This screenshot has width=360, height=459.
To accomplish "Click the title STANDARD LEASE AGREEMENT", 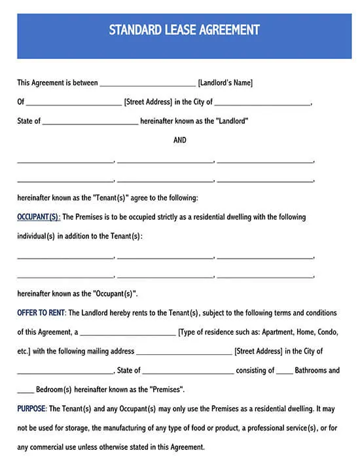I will point(184,30).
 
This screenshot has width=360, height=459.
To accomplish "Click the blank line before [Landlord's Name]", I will point(147,84).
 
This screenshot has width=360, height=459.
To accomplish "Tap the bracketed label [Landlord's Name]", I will point(225,83).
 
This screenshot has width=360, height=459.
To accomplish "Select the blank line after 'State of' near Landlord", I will point(90,122).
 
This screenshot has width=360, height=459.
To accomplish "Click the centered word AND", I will point(180,140).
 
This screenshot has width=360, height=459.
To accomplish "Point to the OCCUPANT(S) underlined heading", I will point(39,217).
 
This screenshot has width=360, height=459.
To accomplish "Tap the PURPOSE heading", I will point(31,409).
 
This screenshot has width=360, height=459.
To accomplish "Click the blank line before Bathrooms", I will point(284,372).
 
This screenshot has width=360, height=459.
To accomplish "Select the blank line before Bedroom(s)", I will point(26,391).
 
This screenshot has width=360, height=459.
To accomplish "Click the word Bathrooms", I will point(317,370).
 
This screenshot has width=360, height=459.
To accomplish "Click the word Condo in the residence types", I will point(327,332).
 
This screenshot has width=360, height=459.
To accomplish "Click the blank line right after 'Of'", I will point(73,103).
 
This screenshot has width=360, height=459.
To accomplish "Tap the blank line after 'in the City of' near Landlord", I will point(262,103).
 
